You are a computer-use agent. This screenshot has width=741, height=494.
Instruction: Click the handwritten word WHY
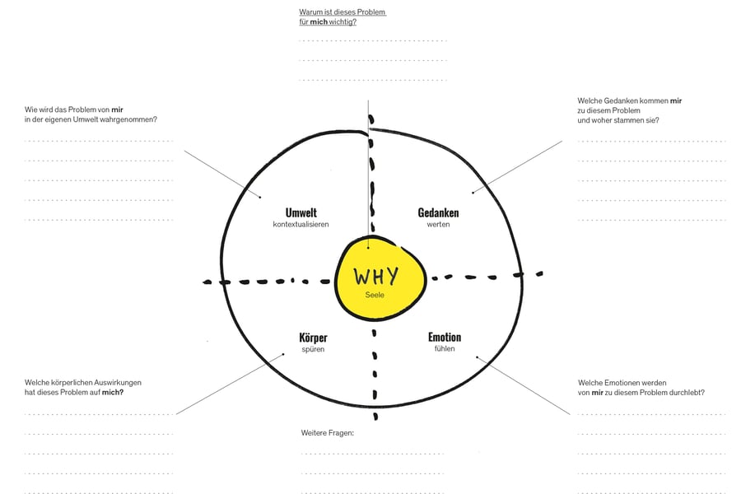376,277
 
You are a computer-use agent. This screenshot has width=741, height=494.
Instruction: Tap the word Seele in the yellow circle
375,295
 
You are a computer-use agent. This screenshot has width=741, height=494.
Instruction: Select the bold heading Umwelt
301,212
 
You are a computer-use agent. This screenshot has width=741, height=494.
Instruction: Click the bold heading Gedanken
438,212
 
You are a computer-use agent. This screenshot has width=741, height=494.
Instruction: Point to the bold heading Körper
313,338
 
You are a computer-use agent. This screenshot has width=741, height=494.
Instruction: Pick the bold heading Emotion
445,337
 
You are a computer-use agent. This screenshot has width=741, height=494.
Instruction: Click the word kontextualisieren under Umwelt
301,225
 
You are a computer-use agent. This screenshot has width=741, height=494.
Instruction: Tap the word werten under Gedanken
438,225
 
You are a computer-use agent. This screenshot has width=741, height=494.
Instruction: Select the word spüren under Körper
313,349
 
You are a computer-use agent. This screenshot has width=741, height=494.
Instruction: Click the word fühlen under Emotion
445,349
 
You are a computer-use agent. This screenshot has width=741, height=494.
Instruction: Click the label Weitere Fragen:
328,432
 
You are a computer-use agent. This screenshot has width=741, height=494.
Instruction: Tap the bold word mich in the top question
319,21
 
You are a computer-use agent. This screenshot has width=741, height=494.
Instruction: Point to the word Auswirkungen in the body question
117,382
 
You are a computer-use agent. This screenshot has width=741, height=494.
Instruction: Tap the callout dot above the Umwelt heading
260,197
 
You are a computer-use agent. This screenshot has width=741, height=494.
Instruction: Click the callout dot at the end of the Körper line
283,354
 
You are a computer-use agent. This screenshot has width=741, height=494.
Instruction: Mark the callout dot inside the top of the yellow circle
369,247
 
